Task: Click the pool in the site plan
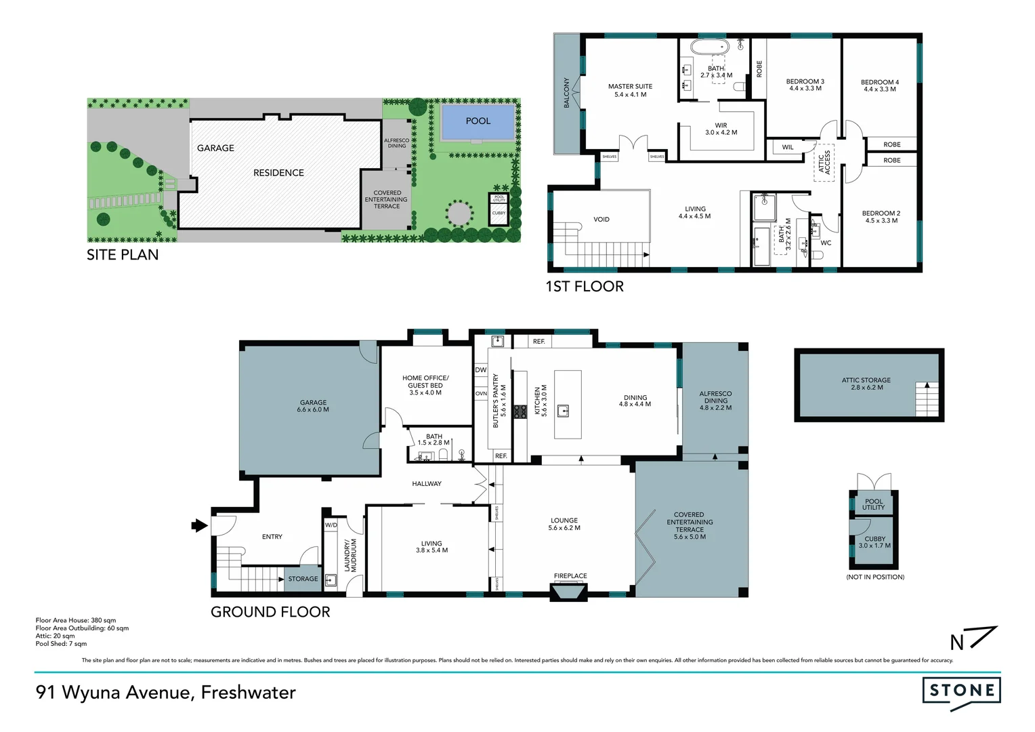[x=478, y=121]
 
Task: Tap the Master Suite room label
[x=630, y=87]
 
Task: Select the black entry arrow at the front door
[x=199, y=525]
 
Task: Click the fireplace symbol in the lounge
[x=570, y=593]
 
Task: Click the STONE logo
[x=961, y=691]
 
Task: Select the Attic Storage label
[x=866, y=380]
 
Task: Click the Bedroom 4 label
[x=879, y=82]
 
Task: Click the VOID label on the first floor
[x=601, y=220]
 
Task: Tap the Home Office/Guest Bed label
[x=425, y=382]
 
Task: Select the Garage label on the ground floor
[x=313, y=403]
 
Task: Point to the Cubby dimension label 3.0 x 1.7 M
[x=874, y=546]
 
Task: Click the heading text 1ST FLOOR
[x=585, y=287]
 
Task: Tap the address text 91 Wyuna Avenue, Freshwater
[x=166, y=693]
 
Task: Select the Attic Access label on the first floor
[x=824, y=163]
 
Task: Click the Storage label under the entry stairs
[x=303, y=579]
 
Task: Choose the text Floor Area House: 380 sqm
[x=76, y=620]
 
